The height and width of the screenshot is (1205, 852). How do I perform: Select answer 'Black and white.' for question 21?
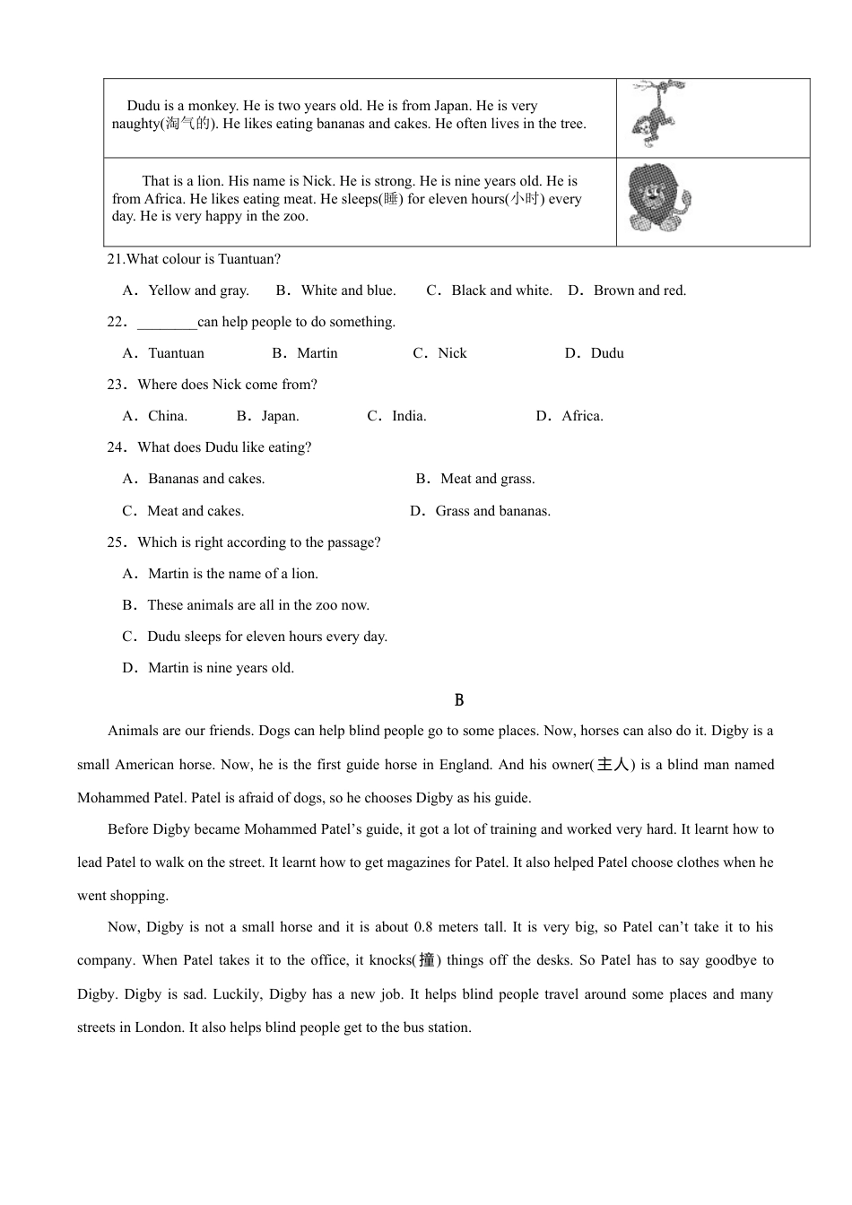[x=501, y=290]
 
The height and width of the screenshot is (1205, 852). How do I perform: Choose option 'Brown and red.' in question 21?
[x=639, y=290]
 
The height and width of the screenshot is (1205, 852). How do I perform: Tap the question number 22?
[x=117, y=322]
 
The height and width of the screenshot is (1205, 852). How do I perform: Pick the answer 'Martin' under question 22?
[x=317, y=353]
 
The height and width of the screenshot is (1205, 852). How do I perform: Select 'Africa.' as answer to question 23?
[x=582, y=416]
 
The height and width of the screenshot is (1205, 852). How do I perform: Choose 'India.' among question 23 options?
[x=409, y=416]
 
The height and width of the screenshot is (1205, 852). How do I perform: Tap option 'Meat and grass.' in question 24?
[x=487, y=479]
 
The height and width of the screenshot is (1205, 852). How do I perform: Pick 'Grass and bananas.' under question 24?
[x=492, y=511]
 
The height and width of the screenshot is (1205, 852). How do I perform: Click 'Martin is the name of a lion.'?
[x=232, y=574]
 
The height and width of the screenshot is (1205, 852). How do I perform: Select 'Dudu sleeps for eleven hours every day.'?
[x=266, y=637]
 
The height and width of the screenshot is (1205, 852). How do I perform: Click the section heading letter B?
[x=459, y=700]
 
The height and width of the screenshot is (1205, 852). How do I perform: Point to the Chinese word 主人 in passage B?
[x=613, y=765]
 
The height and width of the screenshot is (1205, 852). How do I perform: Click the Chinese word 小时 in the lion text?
[x=525, y=199]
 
